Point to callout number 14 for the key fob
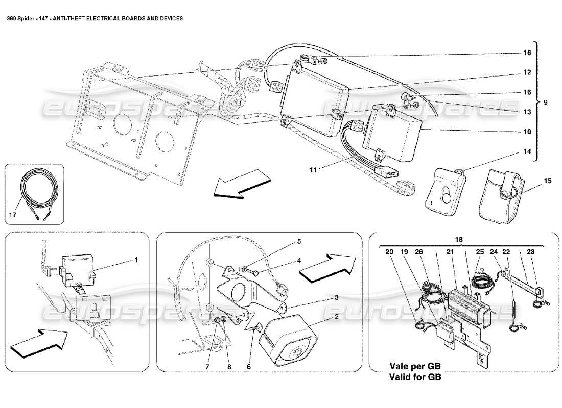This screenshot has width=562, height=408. point(527,151)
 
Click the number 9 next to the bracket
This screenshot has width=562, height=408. point(546,102)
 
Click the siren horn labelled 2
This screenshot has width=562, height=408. point(289,341)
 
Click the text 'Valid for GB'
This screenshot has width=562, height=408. point(415,378)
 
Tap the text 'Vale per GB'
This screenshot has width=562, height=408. point(415,367)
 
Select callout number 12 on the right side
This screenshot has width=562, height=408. point(527,72)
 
